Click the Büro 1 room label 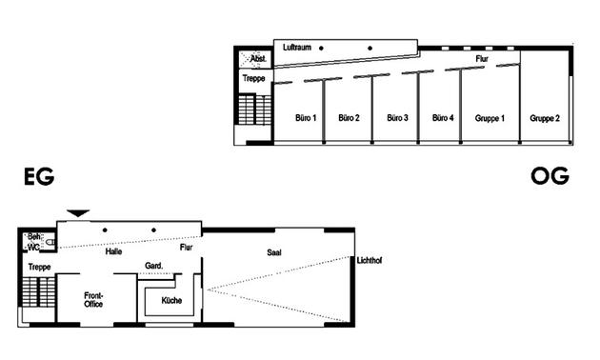(x=305, y=118)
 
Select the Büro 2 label (x=349, y=118)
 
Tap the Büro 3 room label (x=397, y=118)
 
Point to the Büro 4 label (x=443, y=118)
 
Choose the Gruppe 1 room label (x=490, y=118)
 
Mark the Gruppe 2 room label (x=545, y=118)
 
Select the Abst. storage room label (x=258, y=59)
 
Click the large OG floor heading (x=550, y=177)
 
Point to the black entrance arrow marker (x=78, y=212)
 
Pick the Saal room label (x=276, y=252)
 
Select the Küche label (x=172, y=300)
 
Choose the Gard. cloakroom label (x=153, y=265)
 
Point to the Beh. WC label (x=35, y=241)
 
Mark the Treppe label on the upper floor (x=253, y=78)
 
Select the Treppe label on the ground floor (x=39, y=267)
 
